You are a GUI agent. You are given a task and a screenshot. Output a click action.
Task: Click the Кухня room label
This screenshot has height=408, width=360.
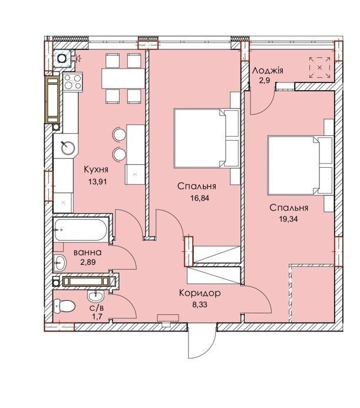[96, 170]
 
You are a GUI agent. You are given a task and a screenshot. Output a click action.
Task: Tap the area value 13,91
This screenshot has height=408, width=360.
[97, 181]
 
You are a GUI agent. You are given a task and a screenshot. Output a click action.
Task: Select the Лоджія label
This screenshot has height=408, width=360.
[267, 71]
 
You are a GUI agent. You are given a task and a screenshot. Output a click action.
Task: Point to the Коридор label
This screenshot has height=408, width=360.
[200, 293]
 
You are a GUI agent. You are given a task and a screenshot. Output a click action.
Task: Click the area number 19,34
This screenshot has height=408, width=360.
[288, 219]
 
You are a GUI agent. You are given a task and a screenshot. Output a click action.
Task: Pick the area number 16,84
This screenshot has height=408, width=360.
[200, 198]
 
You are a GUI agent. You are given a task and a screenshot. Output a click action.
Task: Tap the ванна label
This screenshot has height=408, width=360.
[88, 253]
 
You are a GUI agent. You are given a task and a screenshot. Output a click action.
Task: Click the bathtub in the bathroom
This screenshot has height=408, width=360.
[81, 230]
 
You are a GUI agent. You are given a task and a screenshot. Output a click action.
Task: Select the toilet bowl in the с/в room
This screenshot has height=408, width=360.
[64, 306]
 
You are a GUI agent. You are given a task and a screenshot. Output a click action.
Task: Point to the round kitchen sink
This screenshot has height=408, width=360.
[68, 148]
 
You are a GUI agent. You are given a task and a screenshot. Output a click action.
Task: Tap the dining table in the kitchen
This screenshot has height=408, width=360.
[123, 78]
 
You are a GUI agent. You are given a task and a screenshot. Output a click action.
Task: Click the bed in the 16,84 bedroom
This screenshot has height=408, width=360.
[207, 138]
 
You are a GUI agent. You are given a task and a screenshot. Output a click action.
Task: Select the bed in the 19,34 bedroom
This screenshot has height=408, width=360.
[300, 165]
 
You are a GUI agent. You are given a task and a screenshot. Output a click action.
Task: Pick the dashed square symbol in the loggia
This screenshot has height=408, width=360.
[319, 68]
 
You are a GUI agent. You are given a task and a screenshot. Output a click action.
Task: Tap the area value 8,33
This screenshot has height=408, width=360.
[200, 304]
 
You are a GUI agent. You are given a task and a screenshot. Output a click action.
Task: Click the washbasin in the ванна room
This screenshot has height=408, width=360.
[60, 263]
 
